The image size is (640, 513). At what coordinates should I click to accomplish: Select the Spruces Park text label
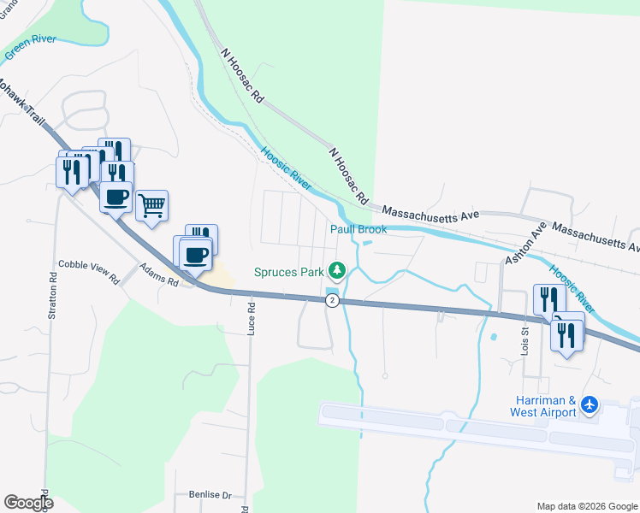(288, 273)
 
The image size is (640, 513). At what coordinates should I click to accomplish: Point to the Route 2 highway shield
(332, 300)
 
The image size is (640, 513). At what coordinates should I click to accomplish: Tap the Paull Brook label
(359, 229)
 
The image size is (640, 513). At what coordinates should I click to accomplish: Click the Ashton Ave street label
(525, 244)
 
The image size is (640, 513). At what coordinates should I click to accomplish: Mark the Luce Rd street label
(252, 317)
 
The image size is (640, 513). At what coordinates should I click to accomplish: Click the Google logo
(28, 503)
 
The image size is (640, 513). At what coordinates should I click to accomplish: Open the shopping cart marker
(151, 205)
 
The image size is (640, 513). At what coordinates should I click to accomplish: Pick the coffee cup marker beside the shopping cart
(116, 198)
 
